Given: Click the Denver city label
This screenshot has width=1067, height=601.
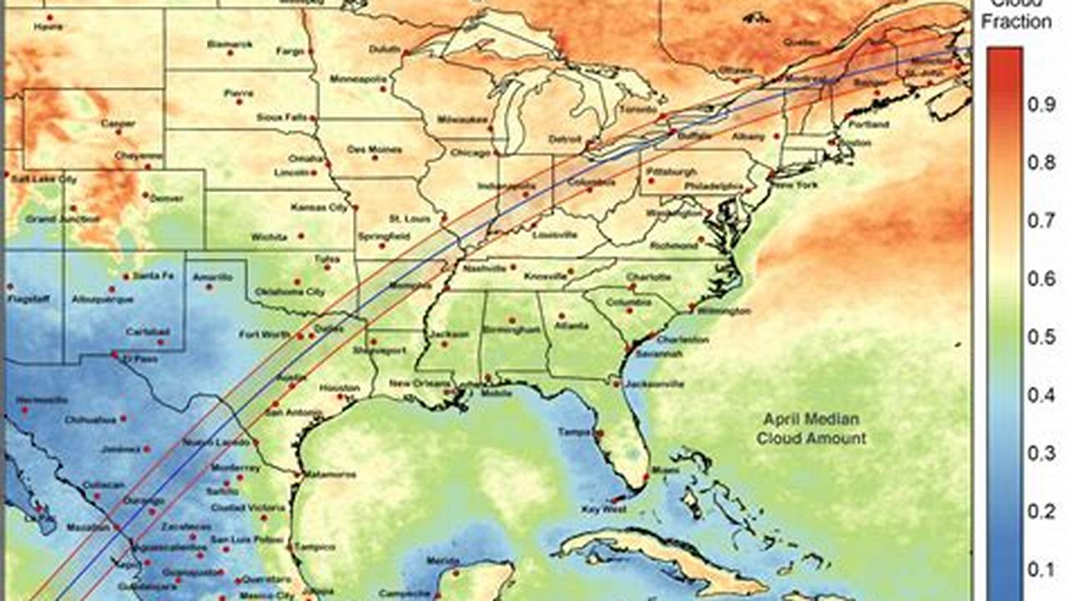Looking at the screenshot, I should point(169,199).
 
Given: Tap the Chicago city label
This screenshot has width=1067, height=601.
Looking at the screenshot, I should point(471,153).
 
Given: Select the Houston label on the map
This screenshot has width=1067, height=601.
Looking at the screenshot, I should point(339,388).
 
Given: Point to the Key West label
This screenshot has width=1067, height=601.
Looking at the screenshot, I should point(603,508).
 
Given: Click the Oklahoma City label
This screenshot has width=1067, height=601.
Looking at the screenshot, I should point(289,292).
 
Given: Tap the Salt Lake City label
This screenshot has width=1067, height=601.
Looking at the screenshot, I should point(44,179).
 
